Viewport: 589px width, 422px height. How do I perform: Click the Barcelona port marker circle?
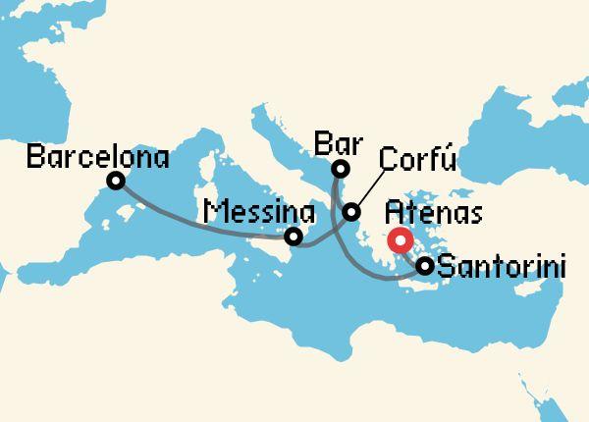(117, 181)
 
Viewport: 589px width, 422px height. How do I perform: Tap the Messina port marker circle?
(293, 237)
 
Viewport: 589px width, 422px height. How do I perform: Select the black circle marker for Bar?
(340, 169)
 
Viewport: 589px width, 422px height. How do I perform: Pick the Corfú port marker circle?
(350, 212)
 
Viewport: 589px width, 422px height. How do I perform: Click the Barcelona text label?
(98, 156)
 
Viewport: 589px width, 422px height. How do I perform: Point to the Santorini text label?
(501, 265)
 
